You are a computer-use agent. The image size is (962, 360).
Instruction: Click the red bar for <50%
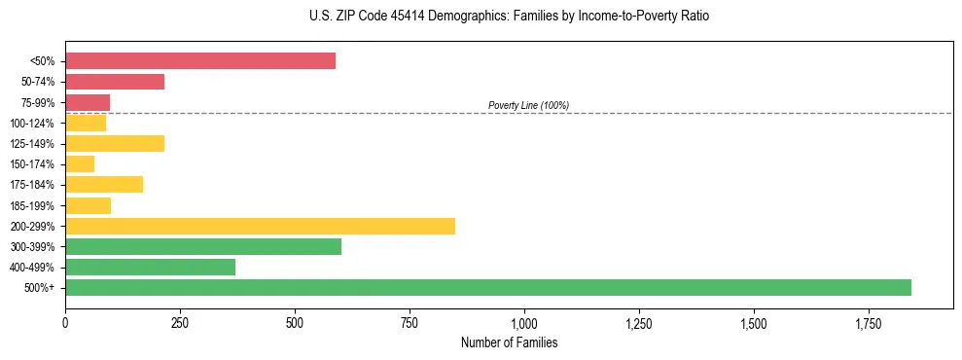[200, 61]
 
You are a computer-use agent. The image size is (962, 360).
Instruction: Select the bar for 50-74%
[115, 82]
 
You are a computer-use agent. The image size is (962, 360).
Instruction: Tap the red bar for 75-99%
[88, 102]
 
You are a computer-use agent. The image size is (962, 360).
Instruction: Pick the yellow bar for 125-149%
[115, 144]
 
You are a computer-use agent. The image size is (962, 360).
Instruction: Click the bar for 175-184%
[104, 185]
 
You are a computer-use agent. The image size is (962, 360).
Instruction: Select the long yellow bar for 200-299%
[260, 226]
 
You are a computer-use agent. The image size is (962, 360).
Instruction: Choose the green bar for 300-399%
[203, 246]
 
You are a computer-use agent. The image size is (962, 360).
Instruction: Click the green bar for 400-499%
[150, 267]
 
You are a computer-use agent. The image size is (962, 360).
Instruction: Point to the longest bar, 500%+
[488, 287]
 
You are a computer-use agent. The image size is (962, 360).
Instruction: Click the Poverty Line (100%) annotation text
[528, 105]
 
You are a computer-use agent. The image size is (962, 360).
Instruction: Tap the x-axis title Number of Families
[509, 343]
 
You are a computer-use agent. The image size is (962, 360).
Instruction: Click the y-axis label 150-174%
[32, 164]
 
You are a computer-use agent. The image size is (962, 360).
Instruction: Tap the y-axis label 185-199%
[32, 205]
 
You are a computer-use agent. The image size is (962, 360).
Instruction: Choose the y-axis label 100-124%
[32, 124]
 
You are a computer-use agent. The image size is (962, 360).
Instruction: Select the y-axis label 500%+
[39, 288]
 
